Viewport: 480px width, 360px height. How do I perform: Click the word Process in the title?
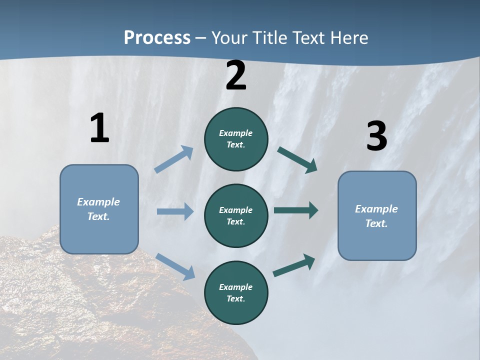pos(157,38)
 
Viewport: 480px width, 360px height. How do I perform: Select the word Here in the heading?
pos(349,38)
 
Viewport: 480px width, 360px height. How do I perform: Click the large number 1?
pos(99,128)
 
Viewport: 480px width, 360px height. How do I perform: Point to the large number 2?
pos(236,76)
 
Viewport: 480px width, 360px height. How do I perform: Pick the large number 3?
pos(376,136)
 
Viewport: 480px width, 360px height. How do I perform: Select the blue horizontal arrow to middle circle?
pos(175,211)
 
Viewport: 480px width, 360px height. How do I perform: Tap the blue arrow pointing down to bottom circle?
pos(175,266)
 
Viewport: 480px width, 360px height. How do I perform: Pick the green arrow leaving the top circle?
pos(297,160)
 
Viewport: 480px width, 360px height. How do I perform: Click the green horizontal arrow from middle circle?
pos(296,210)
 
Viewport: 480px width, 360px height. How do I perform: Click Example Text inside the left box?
pos(98,209)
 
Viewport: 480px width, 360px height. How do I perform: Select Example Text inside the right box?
pos(376,216)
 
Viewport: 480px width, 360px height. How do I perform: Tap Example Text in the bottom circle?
pos(235,292)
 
